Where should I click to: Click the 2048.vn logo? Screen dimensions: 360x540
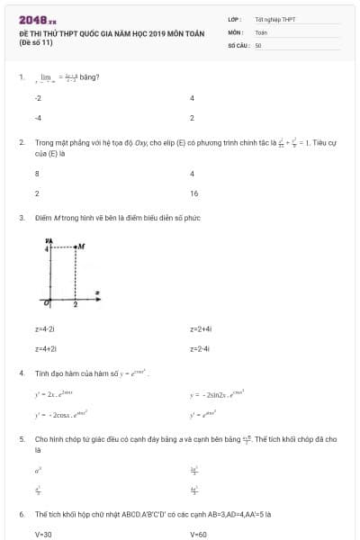(37, 20)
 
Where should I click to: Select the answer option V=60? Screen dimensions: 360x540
(199, 534)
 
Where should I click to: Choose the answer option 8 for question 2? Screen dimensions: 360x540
(37, 174)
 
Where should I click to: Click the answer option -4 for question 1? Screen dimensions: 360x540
(38, 117)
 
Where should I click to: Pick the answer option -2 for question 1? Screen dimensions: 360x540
(38, 98)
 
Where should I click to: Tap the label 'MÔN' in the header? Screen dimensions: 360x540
(236, 31)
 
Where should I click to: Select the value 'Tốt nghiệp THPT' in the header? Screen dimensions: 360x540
(274, 18)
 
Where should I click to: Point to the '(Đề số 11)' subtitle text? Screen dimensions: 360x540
(36, 41)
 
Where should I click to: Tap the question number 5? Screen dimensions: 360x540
(21, 439)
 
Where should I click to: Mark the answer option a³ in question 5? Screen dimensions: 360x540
(38, 470)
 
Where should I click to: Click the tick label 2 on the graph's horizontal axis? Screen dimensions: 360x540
(76, 306)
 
